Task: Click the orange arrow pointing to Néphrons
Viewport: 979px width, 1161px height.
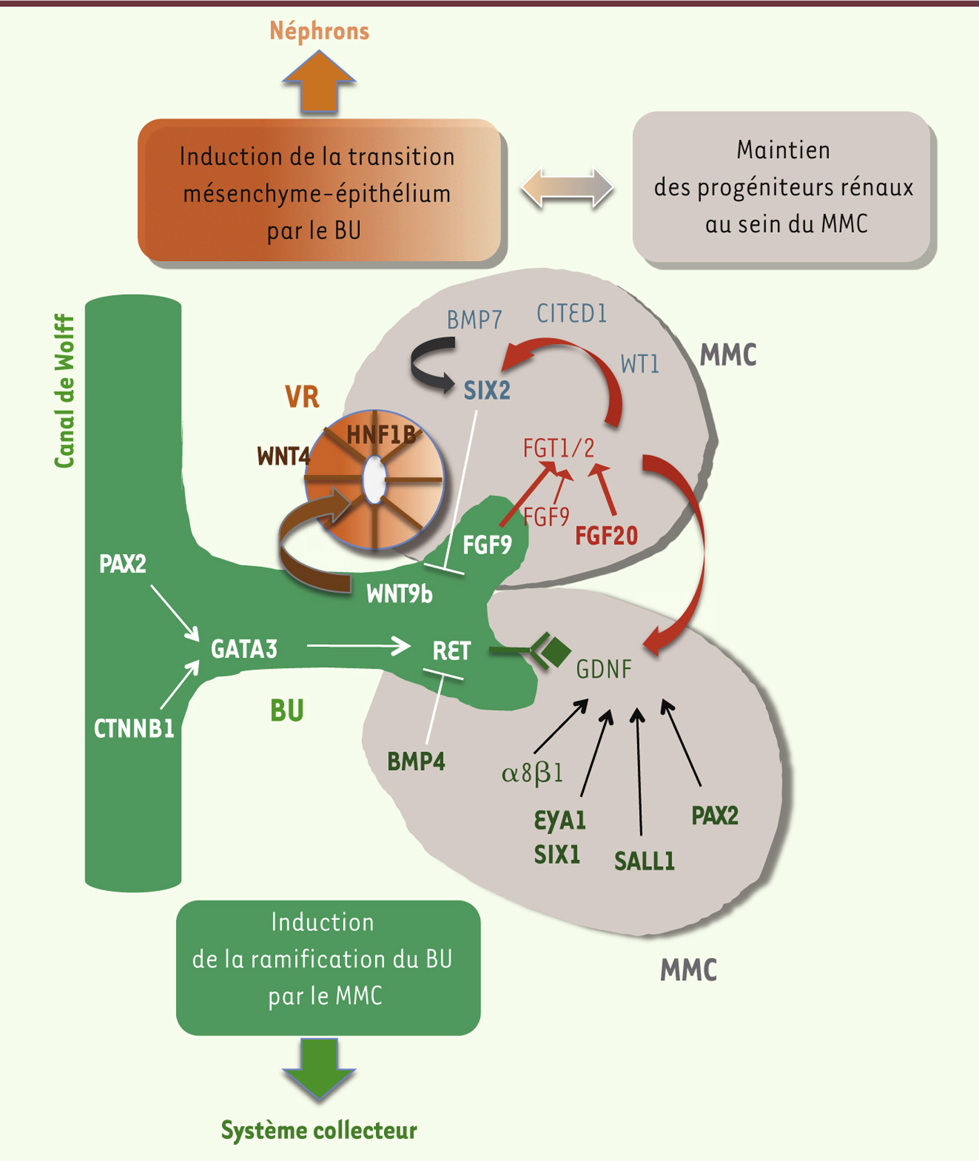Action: [319, 83]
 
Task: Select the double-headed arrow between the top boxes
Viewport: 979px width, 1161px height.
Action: [567, 188]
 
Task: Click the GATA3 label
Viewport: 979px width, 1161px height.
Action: [244, 649]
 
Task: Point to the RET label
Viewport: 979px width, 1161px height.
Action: [451, 651]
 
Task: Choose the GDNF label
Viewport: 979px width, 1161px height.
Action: [604, 669]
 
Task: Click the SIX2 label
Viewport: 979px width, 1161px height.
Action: [487, 391]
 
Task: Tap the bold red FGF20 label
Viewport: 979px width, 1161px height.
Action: [606, 536]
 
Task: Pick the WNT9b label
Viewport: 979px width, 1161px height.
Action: [399, 594]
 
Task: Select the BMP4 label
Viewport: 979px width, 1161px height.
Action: [416, 762]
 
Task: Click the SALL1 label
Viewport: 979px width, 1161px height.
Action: [644, 861]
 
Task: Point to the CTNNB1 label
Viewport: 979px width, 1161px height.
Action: [134, 729]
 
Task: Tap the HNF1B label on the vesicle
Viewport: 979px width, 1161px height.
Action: [381, 435]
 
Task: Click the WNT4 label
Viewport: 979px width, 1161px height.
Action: [283, 457]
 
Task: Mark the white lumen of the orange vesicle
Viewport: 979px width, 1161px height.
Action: [374, 479]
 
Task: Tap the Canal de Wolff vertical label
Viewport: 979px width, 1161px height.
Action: [64, 391]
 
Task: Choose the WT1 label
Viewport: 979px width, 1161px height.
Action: [640, 364]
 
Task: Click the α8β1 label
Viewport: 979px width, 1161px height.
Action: [532, 772]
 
